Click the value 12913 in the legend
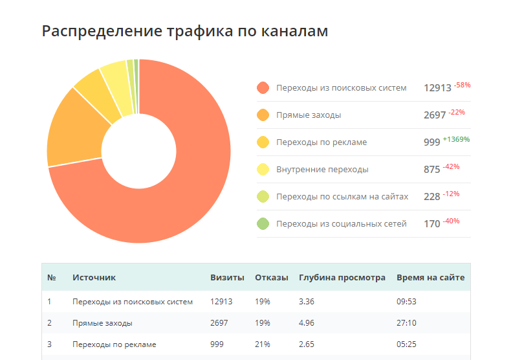click(437, 88)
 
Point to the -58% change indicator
click(462, 85)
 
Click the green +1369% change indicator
click(456, 139)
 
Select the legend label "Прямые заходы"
click(309, 115)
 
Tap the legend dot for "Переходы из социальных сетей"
click(263, 224)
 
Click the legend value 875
click(431, 170)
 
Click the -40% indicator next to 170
click(451, 221)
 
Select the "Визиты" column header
click(227, 278)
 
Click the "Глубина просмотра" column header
click(342, 278)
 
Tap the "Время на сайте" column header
click(430, 278)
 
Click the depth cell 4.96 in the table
click(307, 322)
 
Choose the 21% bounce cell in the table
click(262, 344)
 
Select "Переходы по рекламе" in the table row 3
click(115, 344)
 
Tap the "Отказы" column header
click(272, 278)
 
